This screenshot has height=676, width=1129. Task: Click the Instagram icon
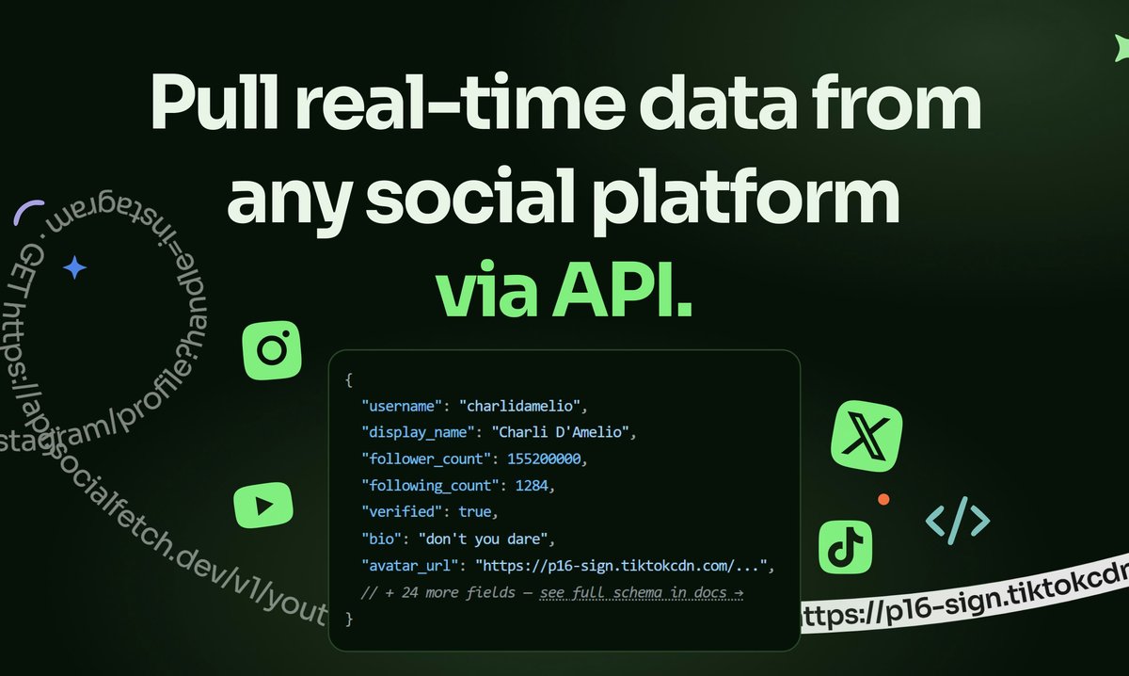pyautogui.click(x=271, y=351)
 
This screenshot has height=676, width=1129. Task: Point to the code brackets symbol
pyautogui.click(x=958, y=521)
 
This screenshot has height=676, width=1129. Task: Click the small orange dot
pyautogui.click(x=883, y=499)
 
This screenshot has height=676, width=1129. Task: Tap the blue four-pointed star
pyautogui.click(x=74, y=268)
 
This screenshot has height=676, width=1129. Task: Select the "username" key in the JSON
pyautogui.click(x=402, y=407)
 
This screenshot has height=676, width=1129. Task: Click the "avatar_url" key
pyautogui.click(x=410, y=566)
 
